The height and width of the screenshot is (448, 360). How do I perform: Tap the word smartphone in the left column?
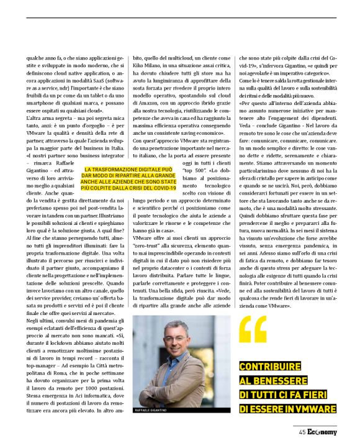pyautogui.click(x=42, y=94)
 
